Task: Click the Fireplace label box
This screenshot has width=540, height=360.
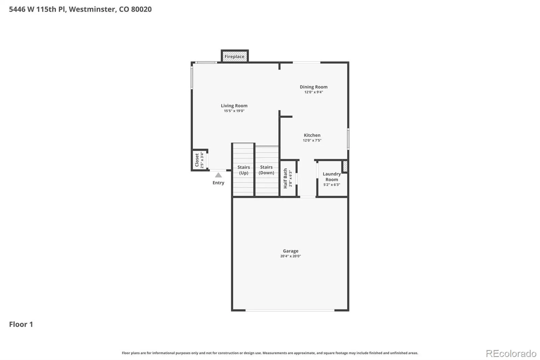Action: (235, 56)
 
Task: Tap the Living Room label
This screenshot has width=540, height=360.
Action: (234, 106)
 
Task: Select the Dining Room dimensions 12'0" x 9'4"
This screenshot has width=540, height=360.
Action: (314, 92)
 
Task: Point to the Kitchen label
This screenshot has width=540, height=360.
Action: (312, 135)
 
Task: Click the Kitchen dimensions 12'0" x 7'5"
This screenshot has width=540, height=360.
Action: (312, 140)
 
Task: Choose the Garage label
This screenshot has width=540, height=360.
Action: (291, 251)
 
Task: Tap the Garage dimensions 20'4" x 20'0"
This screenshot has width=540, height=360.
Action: (291, 256)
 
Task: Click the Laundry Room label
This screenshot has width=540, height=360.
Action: (332, 177)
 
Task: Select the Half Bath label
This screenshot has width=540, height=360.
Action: (286, 178)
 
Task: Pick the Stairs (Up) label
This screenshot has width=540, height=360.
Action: (243, 170)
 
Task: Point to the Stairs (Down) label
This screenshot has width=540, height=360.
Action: (266, 170)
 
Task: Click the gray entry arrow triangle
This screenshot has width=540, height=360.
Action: (218, 175)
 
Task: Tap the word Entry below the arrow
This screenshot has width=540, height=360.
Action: (218, 183)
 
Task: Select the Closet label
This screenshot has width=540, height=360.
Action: (197, 160)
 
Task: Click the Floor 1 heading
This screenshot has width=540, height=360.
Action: (21, 324)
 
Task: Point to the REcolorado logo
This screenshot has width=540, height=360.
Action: (511, 354)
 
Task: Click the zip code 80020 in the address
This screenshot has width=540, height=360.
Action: (141, 9)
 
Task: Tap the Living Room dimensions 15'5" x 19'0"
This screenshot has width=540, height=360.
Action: (234, 111)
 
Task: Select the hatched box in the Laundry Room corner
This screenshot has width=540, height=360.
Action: (345, 166)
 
